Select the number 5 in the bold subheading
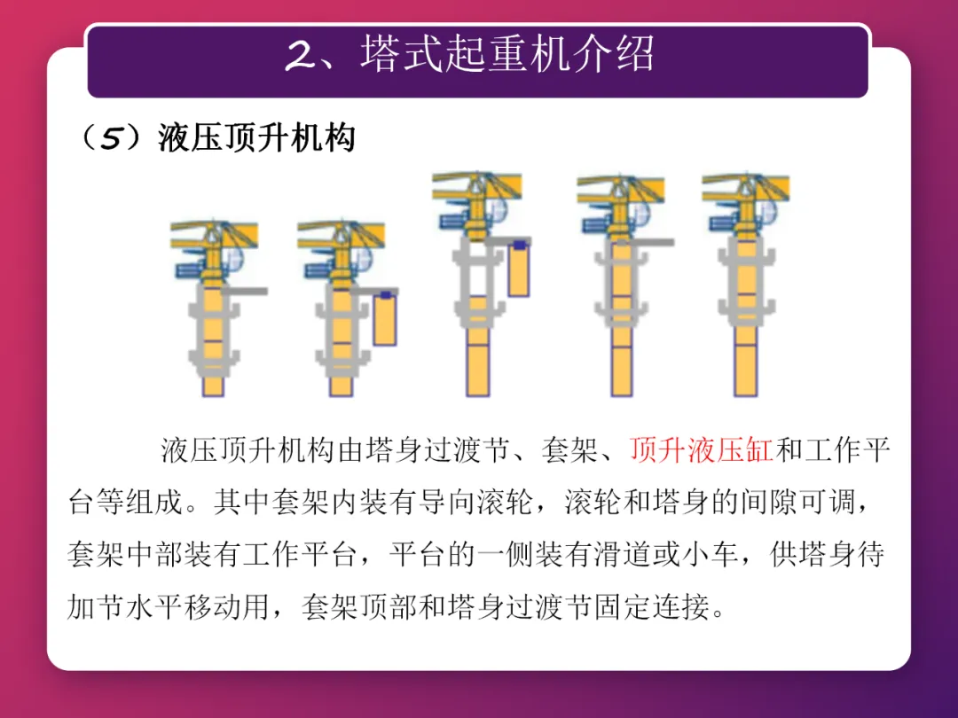(111, 138)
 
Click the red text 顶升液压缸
(702, 450)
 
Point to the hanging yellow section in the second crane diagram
(385, 319)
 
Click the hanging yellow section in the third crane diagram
(519, 269)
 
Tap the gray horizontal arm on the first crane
(244, 292)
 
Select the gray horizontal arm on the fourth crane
(648, 242)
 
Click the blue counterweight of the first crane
(190, 269)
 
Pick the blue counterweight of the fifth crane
(724, 222)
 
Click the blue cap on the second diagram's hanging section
(386, 295)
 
